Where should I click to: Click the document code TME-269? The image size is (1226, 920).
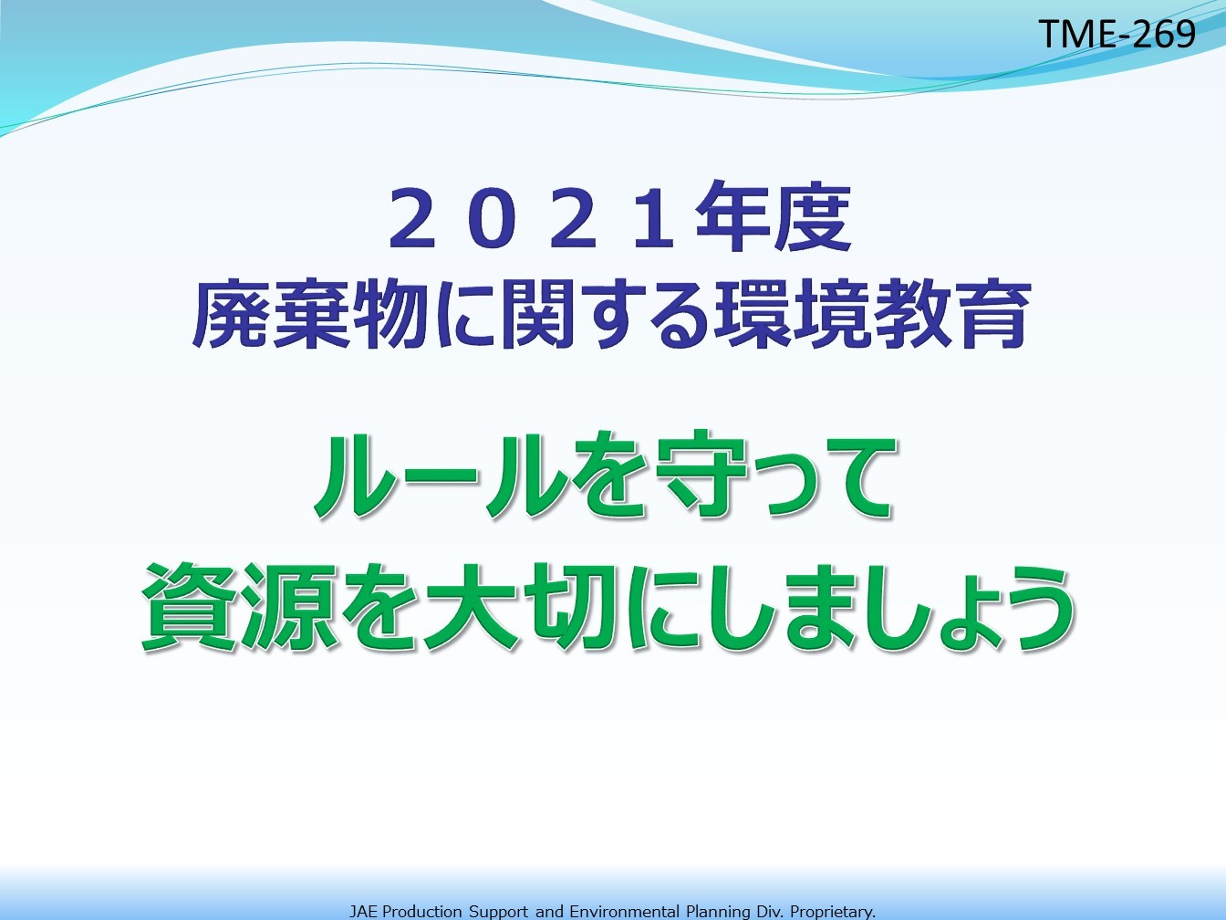click(x=1117, y=34)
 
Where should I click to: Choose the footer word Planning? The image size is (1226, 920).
click(x=718, y=913)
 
